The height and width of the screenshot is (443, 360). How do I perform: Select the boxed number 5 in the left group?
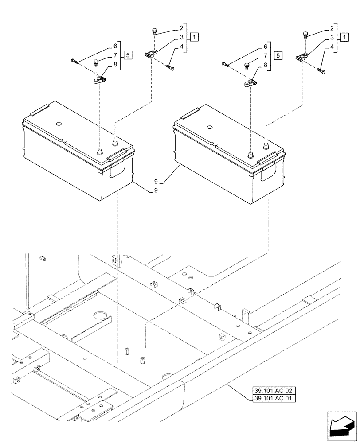[128, 55]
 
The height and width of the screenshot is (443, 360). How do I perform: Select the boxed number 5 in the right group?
[278, 55]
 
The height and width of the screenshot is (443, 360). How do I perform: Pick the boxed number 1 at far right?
[344, 38]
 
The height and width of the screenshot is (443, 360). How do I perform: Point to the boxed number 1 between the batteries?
[194, 38]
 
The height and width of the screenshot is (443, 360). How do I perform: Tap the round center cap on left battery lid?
[59, 124]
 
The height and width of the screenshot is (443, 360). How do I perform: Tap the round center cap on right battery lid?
[209, 128]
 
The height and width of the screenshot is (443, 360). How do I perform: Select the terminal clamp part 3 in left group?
[150, 55]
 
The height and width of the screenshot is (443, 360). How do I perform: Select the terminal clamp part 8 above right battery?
[250, 83]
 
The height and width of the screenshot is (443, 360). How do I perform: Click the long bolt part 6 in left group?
[75, 61]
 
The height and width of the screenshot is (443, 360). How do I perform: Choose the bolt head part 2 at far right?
[305, 34]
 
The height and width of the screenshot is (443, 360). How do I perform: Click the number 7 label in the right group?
[266, 55]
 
